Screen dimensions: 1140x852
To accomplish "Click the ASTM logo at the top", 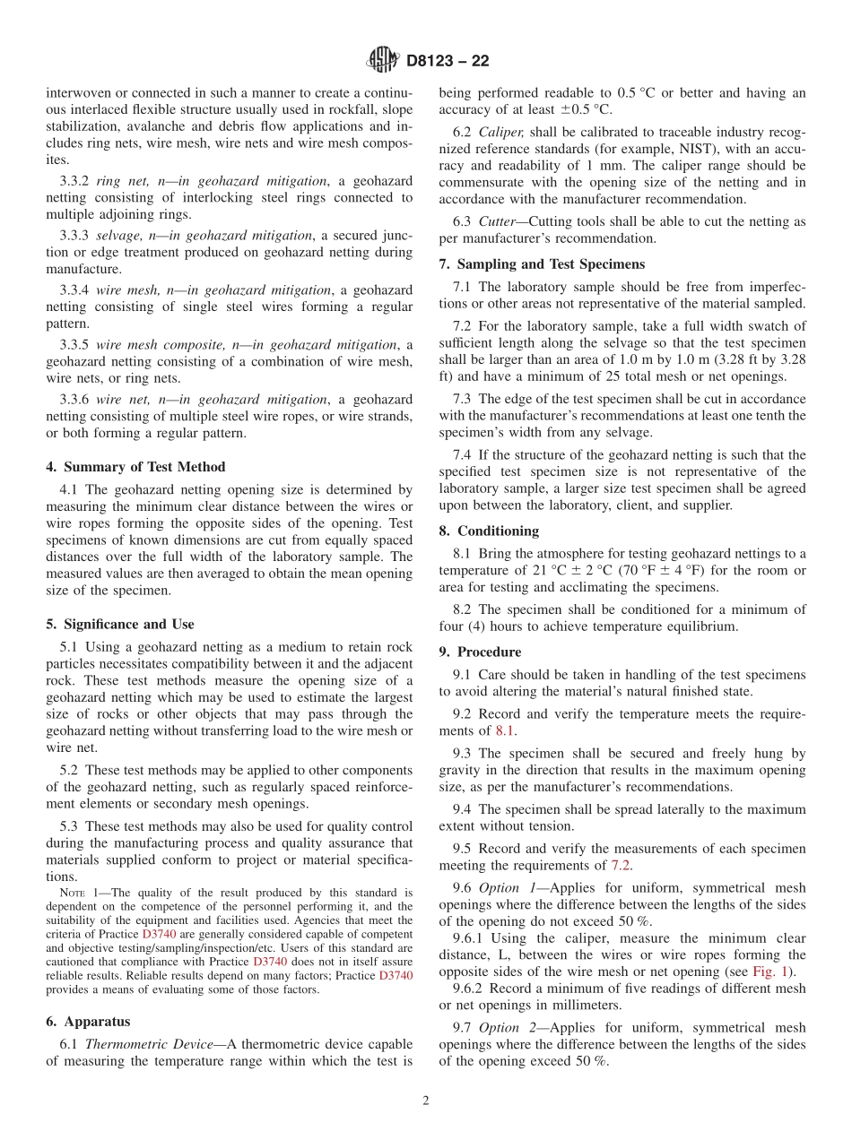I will click(x=383, y=61).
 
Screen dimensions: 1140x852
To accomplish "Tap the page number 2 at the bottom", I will click(x=426, y=1101).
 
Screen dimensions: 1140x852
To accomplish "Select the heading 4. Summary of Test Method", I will click(x=135, y=467).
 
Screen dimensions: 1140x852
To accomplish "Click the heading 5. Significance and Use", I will click(x=120, y=625).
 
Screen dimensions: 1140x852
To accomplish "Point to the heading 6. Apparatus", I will click(x=88, y=1022).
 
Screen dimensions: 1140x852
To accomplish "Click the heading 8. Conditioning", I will click(x=489, y=531).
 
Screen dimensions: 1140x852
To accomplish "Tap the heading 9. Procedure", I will click(x=480, y=652).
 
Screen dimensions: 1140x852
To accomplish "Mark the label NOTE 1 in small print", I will click(x=78, y=894).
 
